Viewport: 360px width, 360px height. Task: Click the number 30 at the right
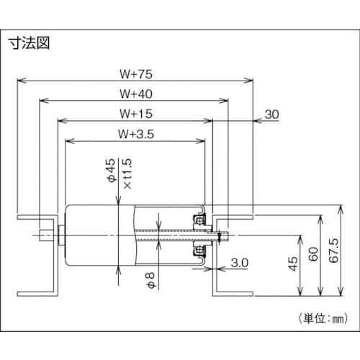click(x=272, y=114)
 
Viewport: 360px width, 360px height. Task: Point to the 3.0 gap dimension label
click(x=240, y=264)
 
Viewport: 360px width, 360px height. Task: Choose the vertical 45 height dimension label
click(x=292, y=264)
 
